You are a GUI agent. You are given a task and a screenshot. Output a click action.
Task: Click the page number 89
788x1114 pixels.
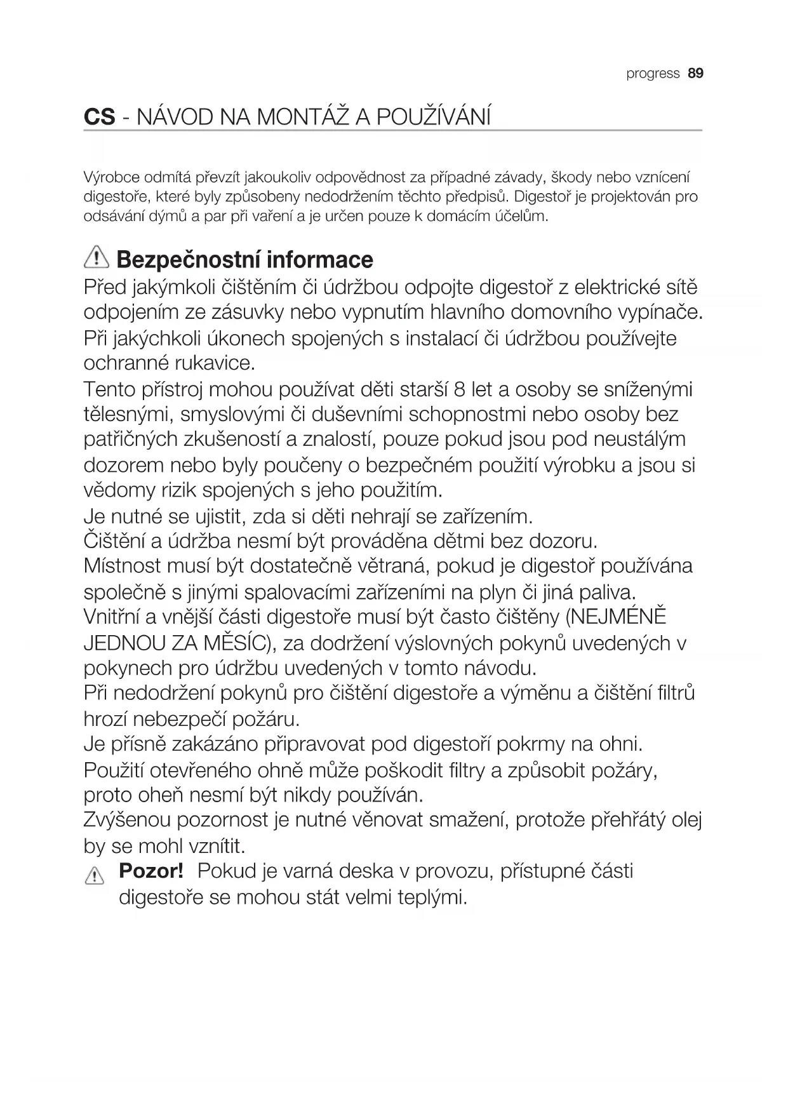click(x=695, y=74)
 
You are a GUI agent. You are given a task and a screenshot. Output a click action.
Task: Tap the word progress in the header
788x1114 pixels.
click(x=653, y=74)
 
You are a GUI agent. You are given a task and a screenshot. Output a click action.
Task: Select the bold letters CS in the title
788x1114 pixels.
click(x=100, y=117)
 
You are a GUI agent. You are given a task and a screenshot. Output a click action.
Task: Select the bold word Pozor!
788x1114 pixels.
click(x=151, y=871)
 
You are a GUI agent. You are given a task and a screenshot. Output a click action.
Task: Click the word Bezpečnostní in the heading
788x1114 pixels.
click(x=187, y=260)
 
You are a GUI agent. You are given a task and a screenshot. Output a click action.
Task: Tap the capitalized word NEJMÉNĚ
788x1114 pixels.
click(x=616, y=617)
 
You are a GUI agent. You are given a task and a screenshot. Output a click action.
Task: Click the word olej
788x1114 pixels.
click(x=686, y=820)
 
